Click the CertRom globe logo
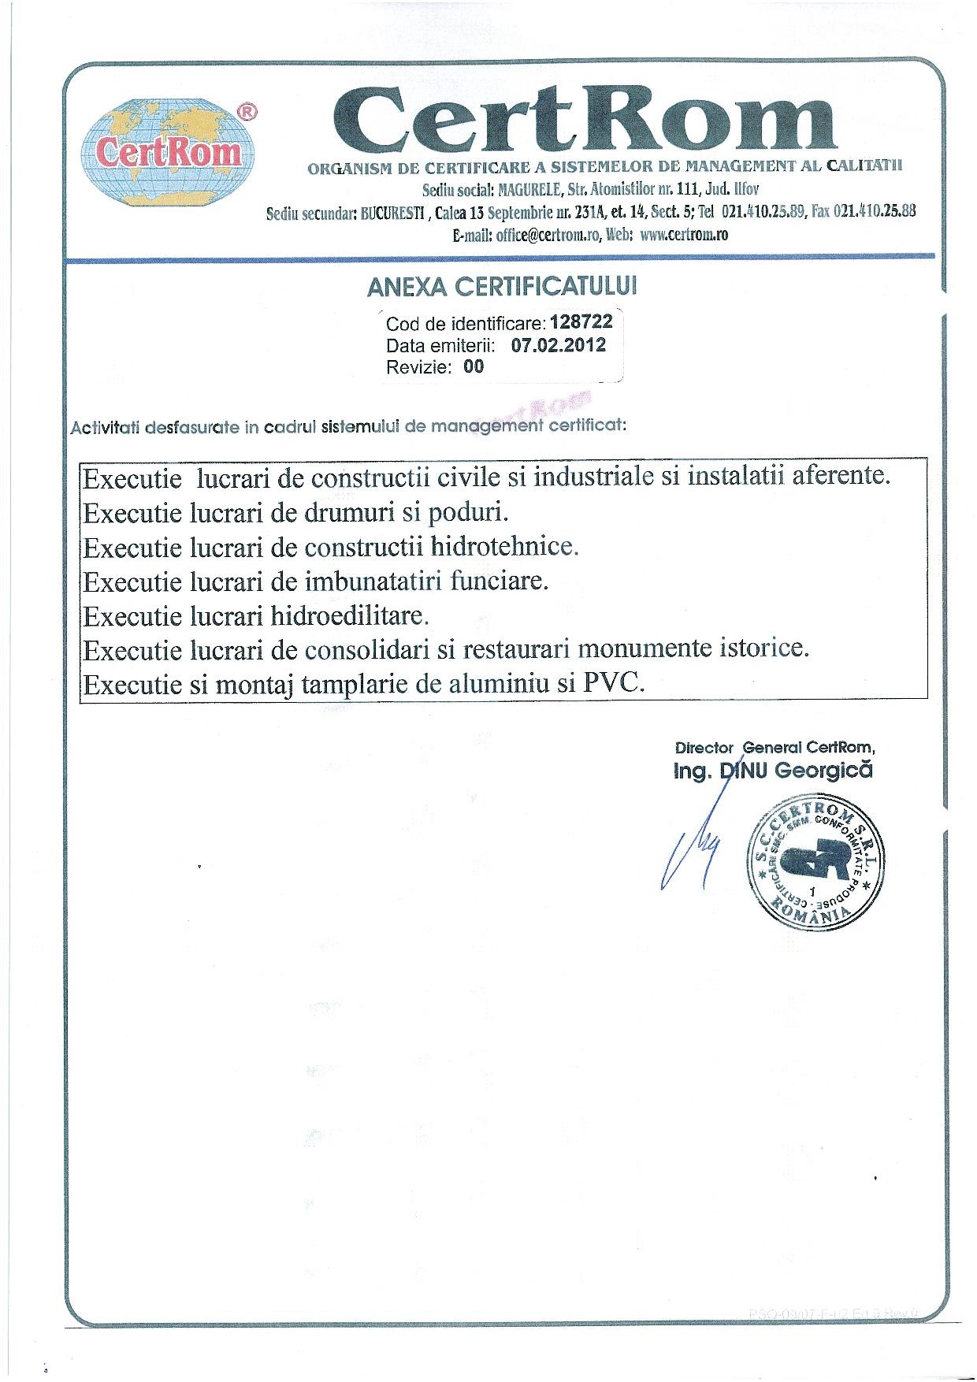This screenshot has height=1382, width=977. click(x=168, y=152)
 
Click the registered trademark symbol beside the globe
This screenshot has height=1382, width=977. click(x=247, y=112)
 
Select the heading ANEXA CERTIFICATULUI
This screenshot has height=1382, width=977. click(x=502, y=287)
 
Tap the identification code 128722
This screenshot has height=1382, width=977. click(x=581, y=321)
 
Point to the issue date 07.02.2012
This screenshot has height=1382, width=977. click(x=559, y=344)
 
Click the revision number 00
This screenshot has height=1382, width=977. click(x=474, y=366)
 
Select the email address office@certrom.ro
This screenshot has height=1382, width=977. click(x=548, y=235)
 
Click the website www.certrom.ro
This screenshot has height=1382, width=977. click(x=684, y=235)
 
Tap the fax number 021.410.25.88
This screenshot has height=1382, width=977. click(x=874, y=211)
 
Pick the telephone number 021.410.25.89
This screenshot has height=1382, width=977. click(x=763, y=211)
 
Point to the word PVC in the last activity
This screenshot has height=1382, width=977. click(x=613, y=682)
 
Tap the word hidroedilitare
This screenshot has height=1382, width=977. click(x=350, y=615)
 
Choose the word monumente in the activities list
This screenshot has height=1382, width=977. click(x=645, y=648)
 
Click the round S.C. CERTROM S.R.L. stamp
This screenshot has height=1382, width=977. click(x=815, y=863)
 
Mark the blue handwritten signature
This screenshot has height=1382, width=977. click(x=692, y=847)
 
